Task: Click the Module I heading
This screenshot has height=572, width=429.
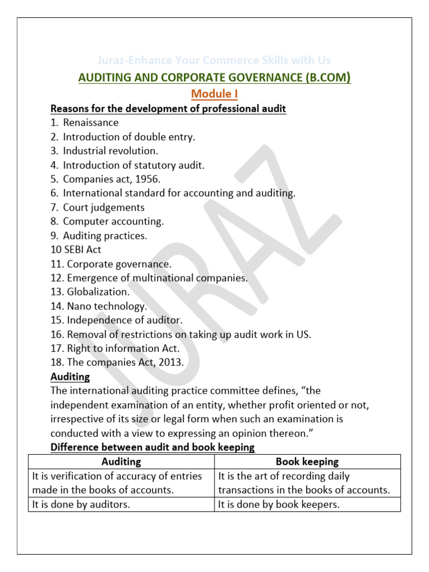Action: pyautogui.click(x=215, y=94)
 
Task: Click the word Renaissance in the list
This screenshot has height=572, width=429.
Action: pyautogui.click(x=90, y=122)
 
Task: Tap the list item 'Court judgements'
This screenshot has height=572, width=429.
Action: pyautogui.click(x=103, y=207)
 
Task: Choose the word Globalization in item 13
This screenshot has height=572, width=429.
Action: pyautogui.click(x=98, y=292)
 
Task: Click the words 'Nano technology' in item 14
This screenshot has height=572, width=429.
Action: pyautogui.click(x=107, y=306)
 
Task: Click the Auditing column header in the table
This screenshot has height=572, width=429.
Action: pyautogui.click(x=121, y=462)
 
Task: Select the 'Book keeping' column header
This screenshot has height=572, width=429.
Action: pyautogui.click(x=307, y=462)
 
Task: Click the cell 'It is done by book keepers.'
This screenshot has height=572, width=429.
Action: pyautogui.click(x=279, y=504)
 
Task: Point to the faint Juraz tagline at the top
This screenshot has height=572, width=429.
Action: pyautogui.click(x=214, y=60)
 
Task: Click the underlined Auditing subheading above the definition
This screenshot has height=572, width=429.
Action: pyautogui.click(x=70, y=377)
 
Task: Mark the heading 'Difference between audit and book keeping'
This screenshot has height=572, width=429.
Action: pyautogui.click(x=152, y=447)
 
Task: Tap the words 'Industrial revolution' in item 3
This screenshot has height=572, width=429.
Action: pyautogui.click(x=111, y=151)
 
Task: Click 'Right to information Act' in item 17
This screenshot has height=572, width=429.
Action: pyautogui.click(x=123, y=349)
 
